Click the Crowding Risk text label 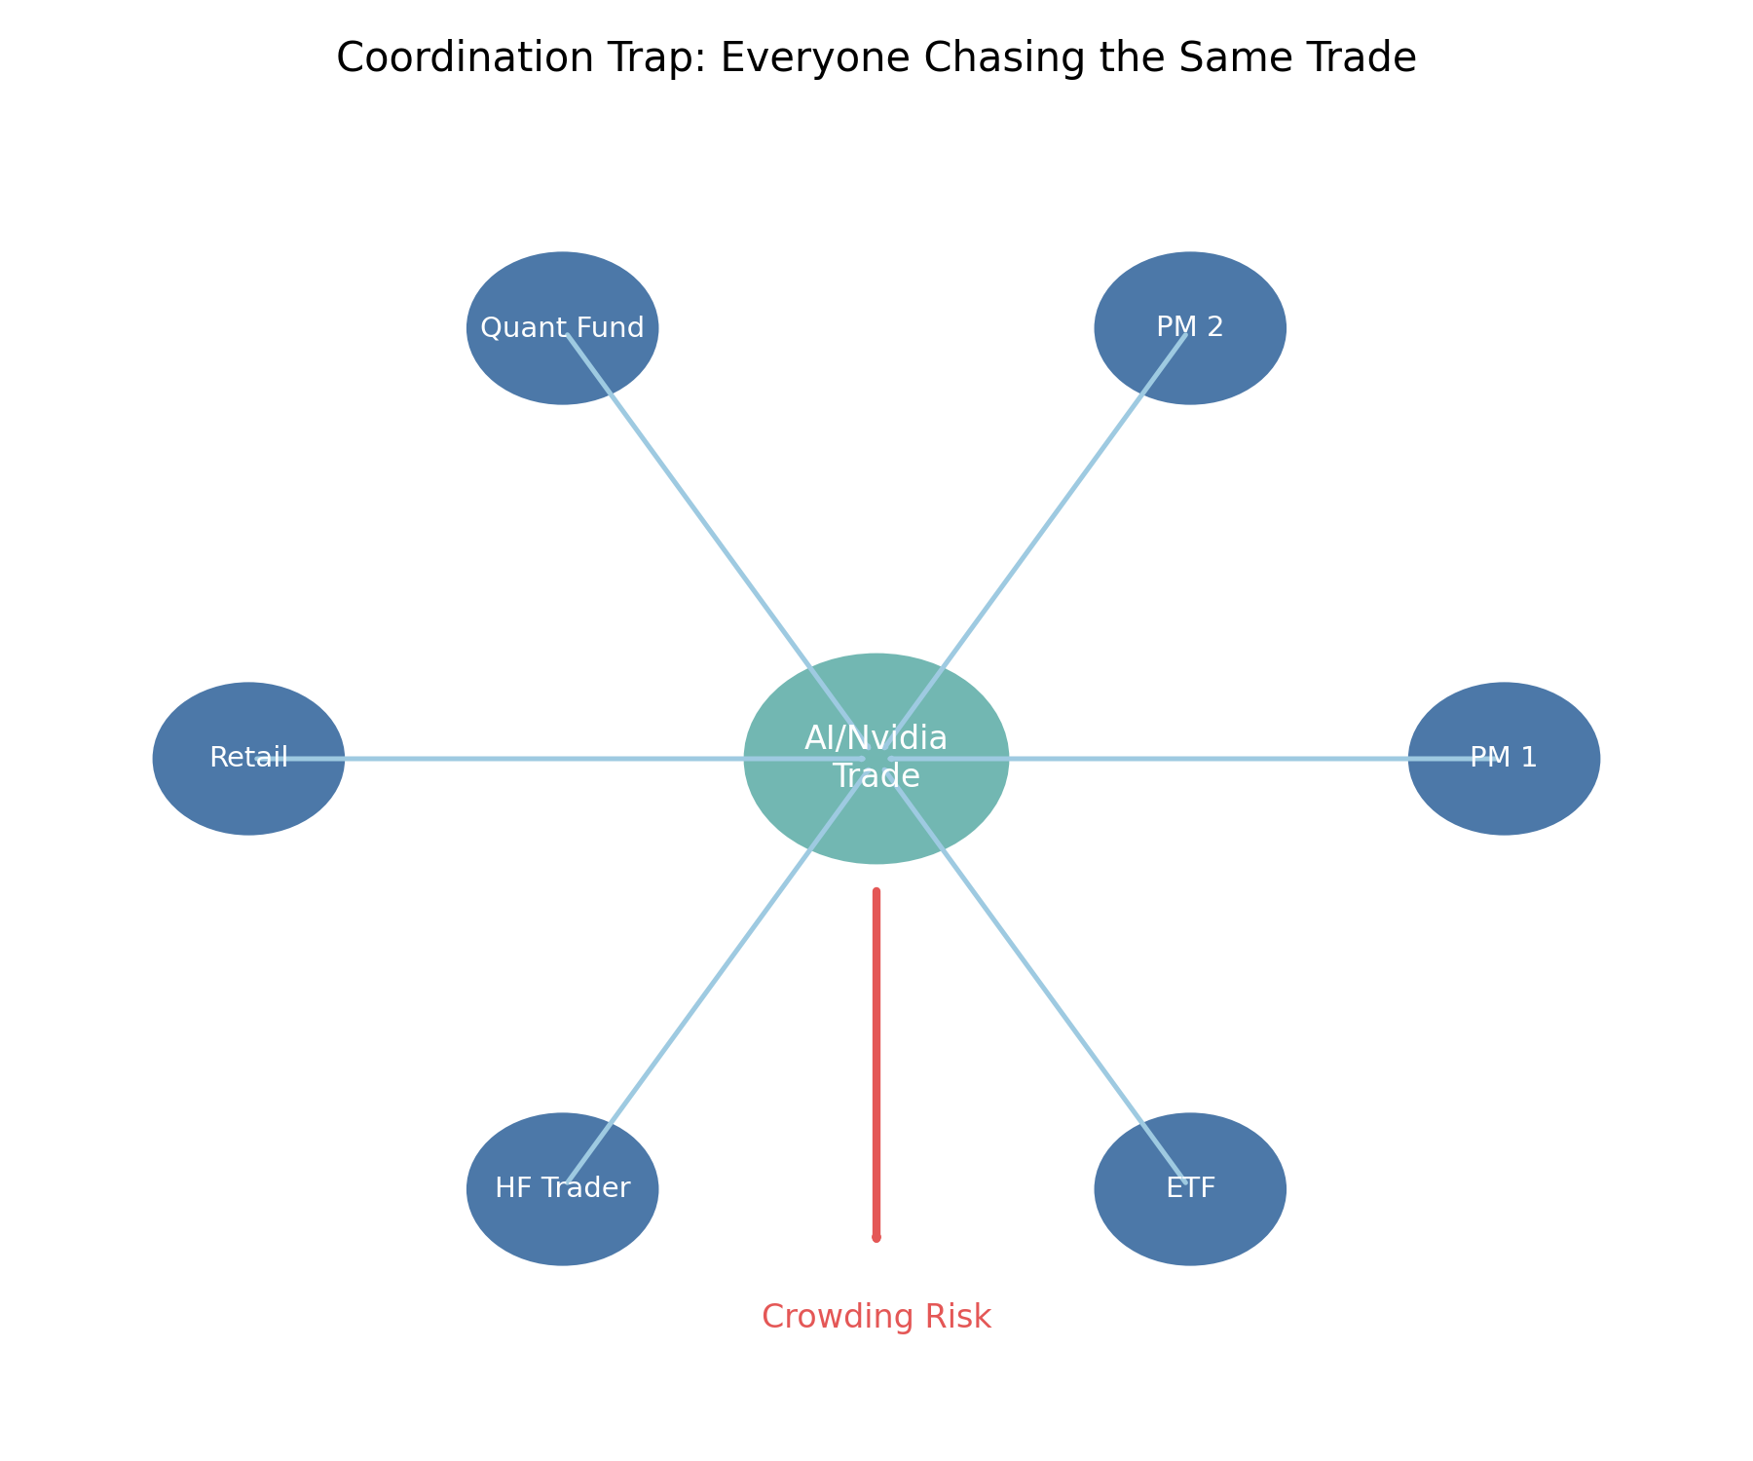[876, 1317]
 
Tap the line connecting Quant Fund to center [711, 531]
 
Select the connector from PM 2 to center [1042, 531]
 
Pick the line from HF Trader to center [711, 984]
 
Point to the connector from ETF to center [1042, 984]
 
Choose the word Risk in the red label [959, 1317]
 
